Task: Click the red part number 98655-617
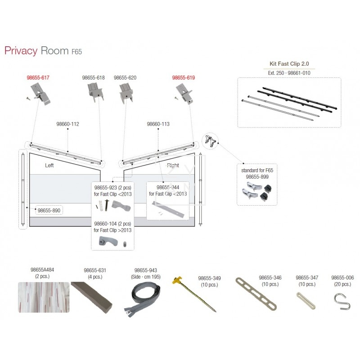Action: (x=38, y=78)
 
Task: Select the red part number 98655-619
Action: (x=184, y=78)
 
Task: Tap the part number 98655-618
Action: (x=94, y=78)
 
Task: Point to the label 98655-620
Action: (x=125, y=78)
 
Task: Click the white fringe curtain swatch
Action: (x=44, y=297)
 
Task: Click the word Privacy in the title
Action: (x=21, y=50)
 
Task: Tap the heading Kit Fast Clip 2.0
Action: (x=289, y=65)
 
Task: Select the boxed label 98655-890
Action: (x=49, y=210)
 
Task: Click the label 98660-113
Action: (x=158, y=123)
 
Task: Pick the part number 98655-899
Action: (x=257, y=177)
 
